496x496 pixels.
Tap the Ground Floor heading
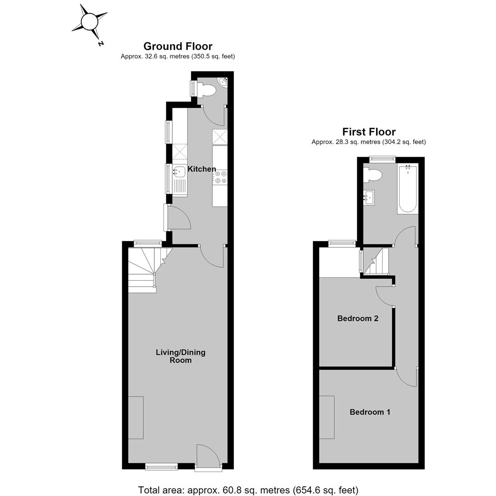tap(178, 46)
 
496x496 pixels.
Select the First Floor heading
tap(369, 132)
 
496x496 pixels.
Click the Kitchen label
tap(202, 169)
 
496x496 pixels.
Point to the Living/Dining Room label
tap(180, 356)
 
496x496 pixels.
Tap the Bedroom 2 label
tap(358, 318)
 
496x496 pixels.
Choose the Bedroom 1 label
tap(370, 412)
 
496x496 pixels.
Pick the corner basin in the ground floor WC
tap(223, 82)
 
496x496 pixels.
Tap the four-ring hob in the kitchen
tap(220, 177)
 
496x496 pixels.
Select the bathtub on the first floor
tap(407, 189)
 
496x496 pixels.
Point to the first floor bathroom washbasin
tap(369, 197)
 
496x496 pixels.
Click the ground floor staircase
tap(149, 270)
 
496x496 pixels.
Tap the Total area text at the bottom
tap(248, 490)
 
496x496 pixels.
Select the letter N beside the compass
tap(101, 44)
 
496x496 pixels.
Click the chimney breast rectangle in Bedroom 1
tap(327, 417)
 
